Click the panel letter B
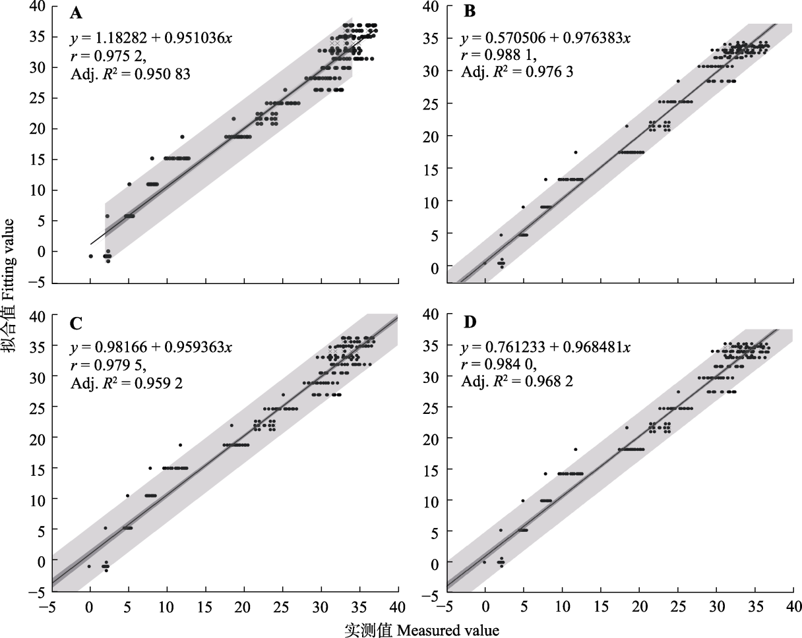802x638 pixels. pyautogui.click(x=470, y=12)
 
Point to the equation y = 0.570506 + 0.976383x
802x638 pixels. pyautogui.click(x=546, y=38)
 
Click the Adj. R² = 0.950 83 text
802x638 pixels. pyautogui.click(x=131, y=74)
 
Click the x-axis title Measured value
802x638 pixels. pyautogui.click(x=422, y=630)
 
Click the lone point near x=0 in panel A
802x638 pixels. pyautogui.click(x=91, y=256)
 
